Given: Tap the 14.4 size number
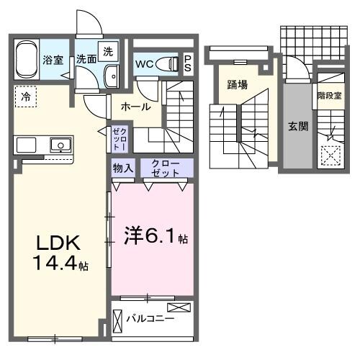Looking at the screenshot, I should pos(55,264).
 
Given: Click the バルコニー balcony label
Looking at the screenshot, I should pos(148,317).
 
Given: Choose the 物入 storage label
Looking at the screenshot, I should pos(122,168).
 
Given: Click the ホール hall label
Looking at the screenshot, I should pos(135,107).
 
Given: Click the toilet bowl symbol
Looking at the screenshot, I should pos(168,63).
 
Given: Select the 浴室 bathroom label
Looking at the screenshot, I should pos(52,60).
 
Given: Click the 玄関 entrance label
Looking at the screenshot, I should pos(298,126).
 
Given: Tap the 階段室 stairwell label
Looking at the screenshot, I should pos(328,94).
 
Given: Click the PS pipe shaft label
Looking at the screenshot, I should pos(188,63).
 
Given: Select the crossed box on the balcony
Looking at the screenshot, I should pos(181,308).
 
